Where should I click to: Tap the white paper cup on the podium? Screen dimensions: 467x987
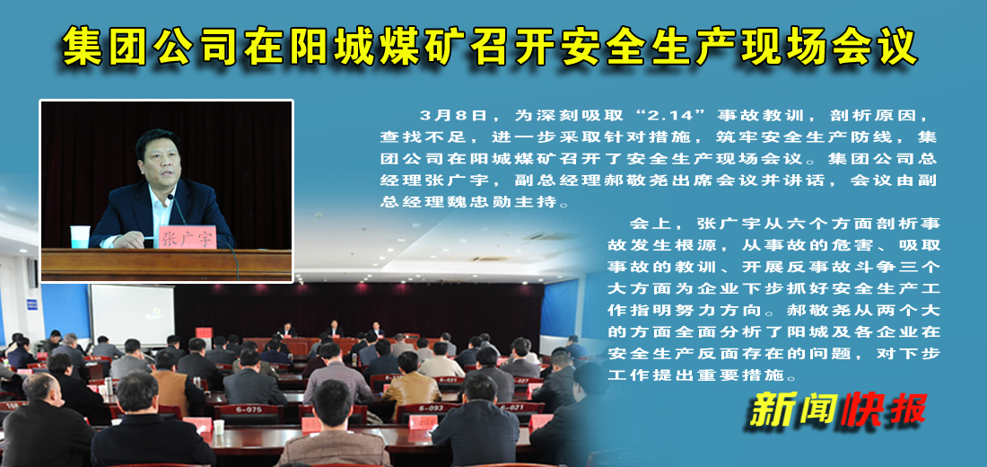[80, 236]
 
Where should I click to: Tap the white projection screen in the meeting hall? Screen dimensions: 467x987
[132, 313]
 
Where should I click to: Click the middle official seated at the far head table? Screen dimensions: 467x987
[334, 329]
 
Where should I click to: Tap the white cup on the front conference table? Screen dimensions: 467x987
[218, 426]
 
